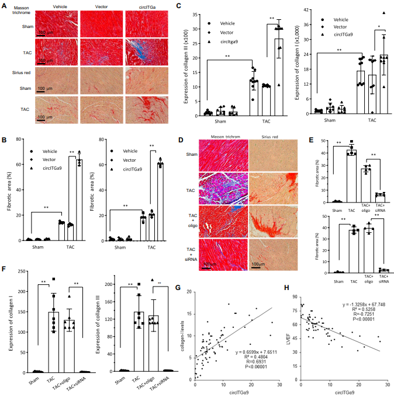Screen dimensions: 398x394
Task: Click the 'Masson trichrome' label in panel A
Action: tap(18, 9)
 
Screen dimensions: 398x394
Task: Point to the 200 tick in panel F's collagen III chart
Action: tap(110, 284)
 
